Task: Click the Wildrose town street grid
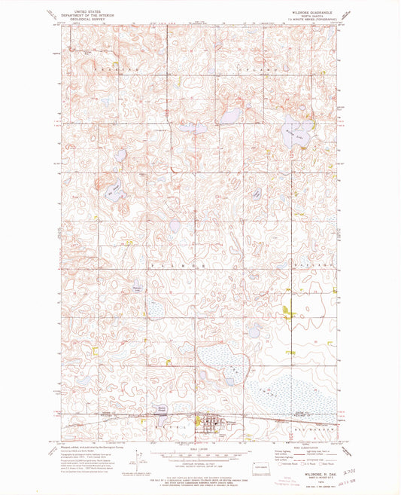[x=210, y=423]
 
